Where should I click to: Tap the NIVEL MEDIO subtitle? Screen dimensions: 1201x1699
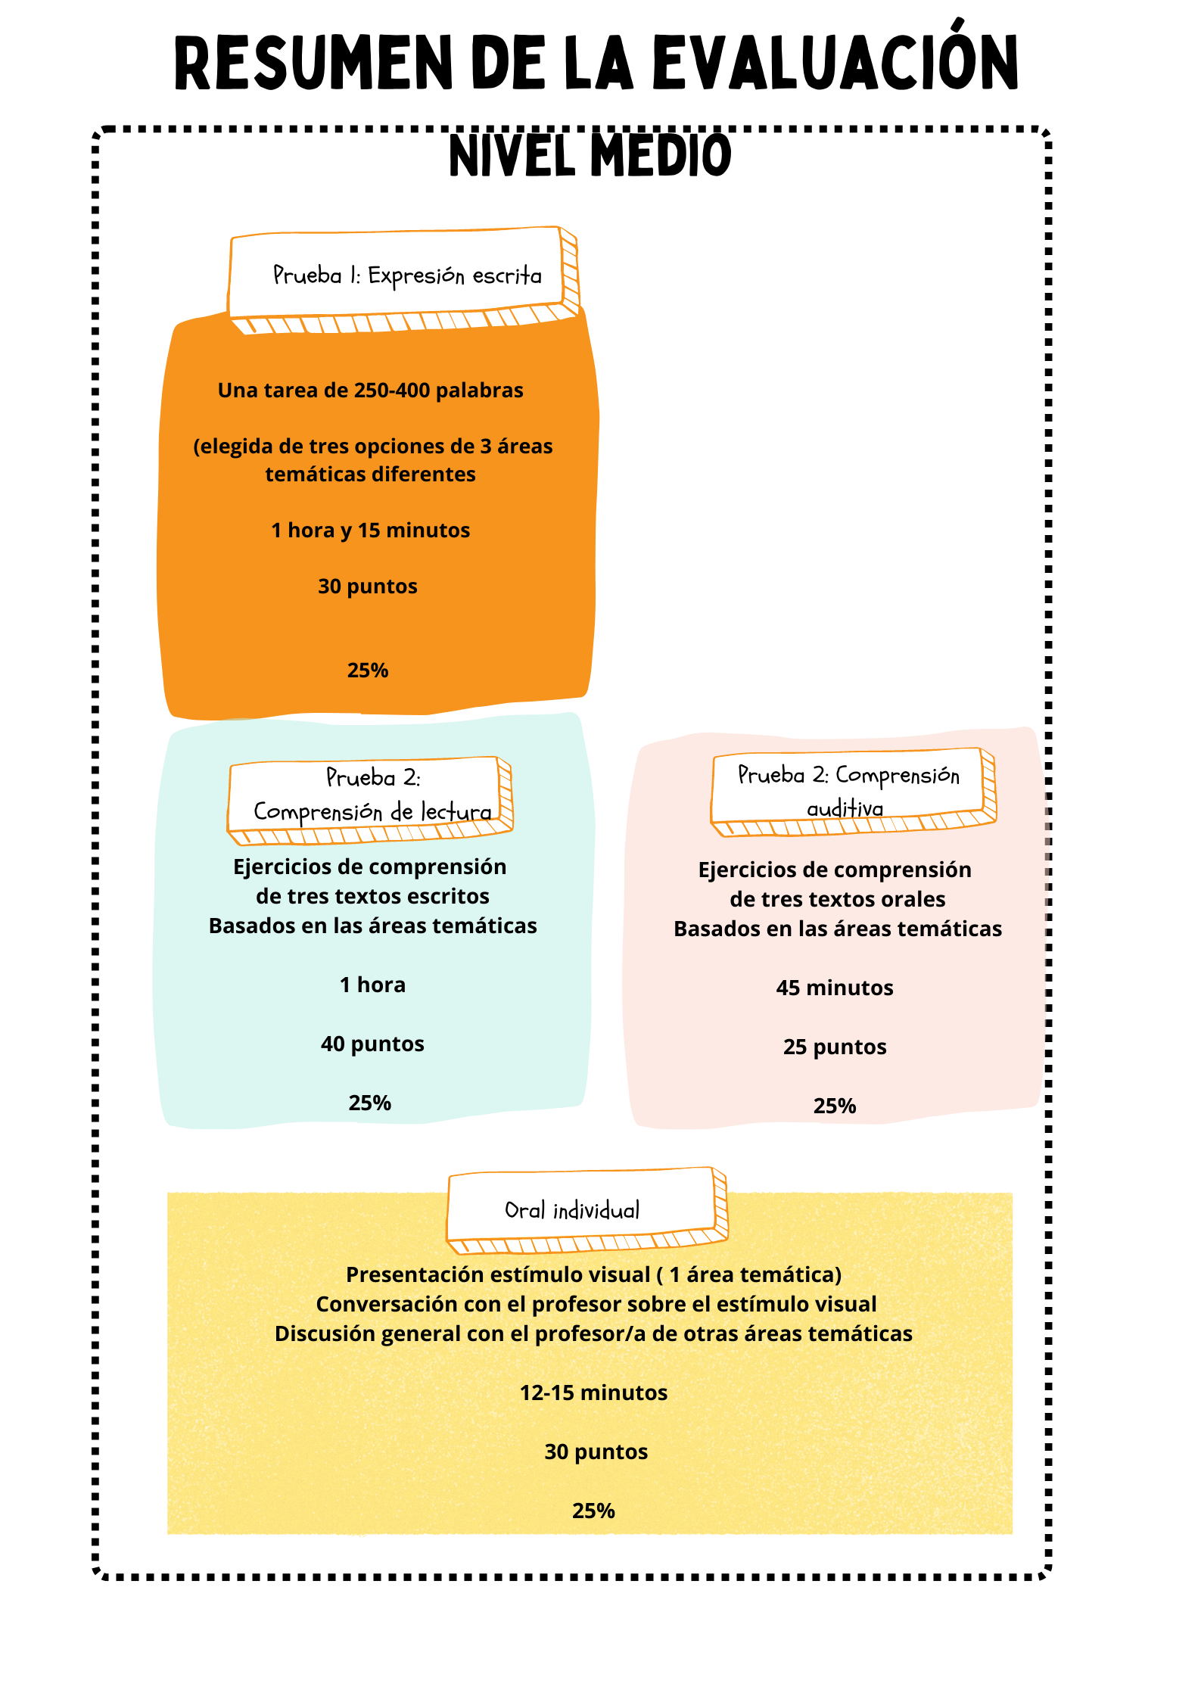click(590, 155)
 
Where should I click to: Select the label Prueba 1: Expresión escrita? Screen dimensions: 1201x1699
click(407, 275)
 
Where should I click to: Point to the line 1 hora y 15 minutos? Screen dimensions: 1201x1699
click(371, 530)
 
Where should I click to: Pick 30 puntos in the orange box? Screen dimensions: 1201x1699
click(368, 587)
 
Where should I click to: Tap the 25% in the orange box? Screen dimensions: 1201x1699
click(368, 671)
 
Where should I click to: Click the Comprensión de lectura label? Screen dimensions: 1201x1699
click(372, 811)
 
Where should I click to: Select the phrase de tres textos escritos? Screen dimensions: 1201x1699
click(372, 896)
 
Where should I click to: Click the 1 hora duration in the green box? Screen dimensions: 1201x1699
click(372, 985)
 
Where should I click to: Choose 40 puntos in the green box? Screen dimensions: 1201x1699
click(372, 1044)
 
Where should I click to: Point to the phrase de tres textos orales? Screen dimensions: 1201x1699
click(838, 899)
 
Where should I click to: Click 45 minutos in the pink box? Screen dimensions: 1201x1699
click(835, 988)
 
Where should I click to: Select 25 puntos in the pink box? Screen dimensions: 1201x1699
click(835, 1047)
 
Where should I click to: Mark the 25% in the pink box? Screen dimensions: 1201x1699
click(835, 1106)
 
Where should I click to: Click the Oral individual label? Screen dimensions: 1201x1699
click(572, 1210)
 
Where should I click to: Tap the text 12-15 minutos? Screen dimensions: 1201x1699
click(594, 1392)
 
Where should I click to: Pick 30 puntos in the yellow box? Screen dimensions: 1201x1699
click(596, 1452)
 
